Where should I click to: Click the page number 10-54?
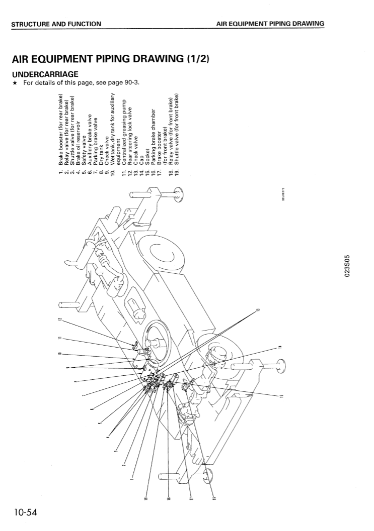coord(22,512)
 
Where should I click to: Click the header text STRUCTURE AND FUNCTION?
coord(56,23)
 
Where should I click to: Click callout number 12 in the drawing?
coord(60,320)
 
